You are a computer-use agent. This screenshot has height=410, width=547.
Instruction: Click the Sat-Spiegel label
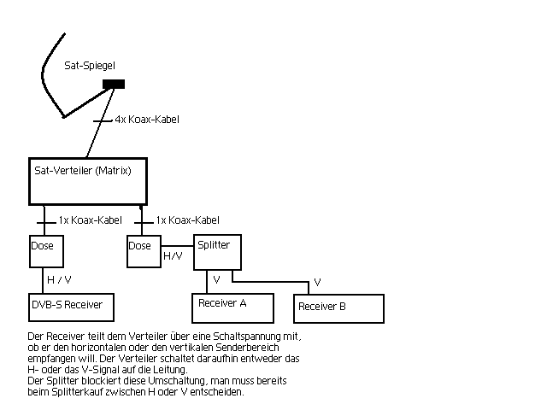(89, 65)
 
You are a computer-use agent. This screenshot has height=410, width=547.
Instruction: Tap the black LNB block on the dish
(114, 84)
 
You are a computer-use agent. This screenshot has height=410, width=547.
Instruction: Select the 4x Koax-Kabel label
(147, 120)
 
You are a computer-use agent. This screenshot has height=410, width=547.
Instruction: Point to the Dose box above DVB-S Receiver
(43, 250)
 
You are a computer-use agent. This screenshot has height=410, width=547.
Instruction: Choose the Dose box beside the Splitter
(140, 249)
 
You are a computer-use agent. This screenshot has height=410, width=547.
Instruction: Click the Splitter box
(213, 252)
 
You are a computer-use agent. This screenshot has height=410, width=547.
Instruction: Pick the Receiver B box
(339, 308)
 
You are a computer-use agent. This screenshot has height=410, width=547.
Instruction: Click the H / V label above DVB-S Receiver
(59, 280)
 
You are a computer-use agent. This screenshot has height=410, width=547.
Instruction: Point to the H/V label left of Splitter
(173, 255)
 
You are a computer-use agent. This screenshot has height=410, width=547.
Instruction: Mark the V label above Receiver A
(216, 279)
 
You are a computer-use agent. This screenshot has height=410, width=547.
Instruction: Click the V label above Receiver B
(317, 282)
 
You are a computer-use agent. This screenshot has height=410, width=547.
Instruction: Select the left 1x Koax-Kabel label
(90, 220)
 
